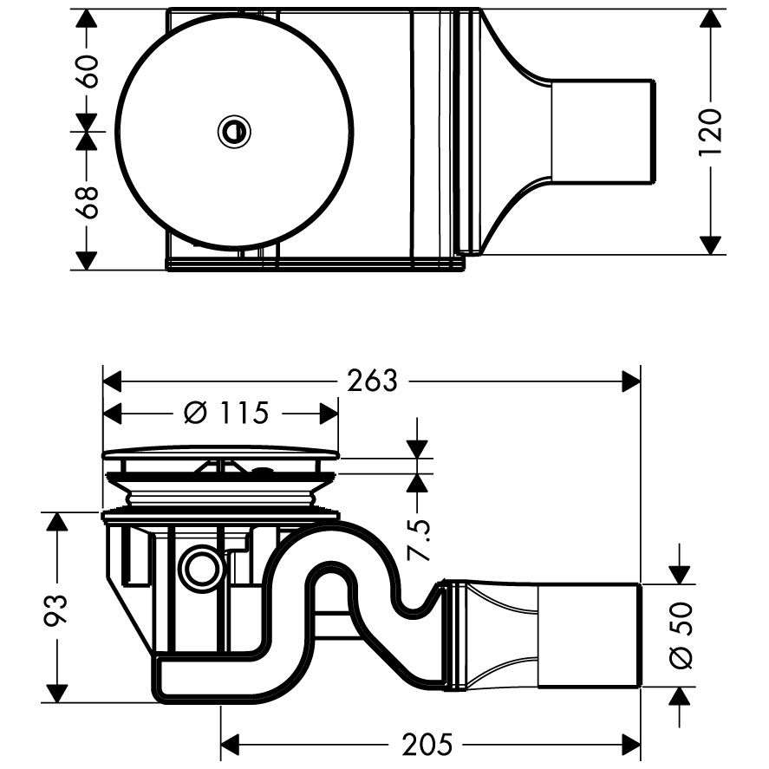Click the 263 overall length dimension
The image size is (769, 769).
coord(372,381)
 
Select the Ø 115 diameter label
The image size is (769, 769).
coord(226,413)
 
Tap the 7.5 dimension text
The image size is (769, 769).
coord(418,539)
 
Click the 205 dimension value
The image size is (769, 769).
coord(427,744)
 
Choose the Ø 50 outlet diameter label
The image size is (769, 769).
coord(681,635)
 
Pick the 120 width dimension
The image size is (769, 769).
coord(711,132)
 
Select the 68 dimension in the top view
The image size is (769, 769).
coord(87,201)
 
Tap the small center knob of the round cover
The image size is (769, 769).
coord(234,132)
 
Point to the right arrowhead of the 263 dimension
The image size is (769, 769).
coord(631,381)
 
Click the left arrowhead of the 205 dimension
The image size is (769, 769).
coord(230,744)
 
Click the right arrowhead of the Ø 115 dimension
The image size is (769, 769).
coord(329,413)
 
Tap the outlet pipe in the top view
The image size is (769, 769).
coord(603,132)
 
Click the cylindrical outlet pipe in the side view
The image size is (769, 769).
coord(590,635)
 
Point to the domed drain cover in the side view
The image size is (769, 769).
coord(220,453)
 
